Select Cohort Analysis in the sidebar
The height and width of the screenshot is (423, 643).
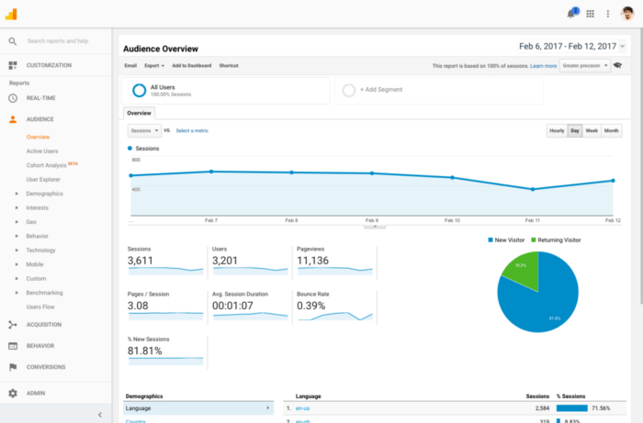click(x=46, y=165)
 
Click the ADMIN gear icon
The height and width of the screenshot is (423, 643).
click(x=13, y=393)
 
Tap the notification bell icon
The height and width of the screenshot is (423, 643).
click(x=571, y=14)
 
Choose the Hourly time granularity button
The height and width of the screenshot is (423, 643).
click(x=557, y=131)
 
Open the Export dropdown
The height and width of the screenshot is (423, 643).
click(x=154, y=66)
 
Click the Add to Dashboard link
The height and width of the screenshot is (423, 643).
click(x=191, y=66)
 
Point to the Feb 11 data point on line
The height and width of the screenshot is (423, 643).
click(x=533, y=189)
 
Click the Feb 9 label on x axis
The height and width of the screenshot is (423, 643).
click(x=371, y=221)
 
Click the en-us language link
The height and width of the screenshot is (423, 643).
click(x=302, y=407)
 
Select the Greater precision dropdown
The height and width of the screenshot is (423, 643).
click(x=584, y=66)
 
